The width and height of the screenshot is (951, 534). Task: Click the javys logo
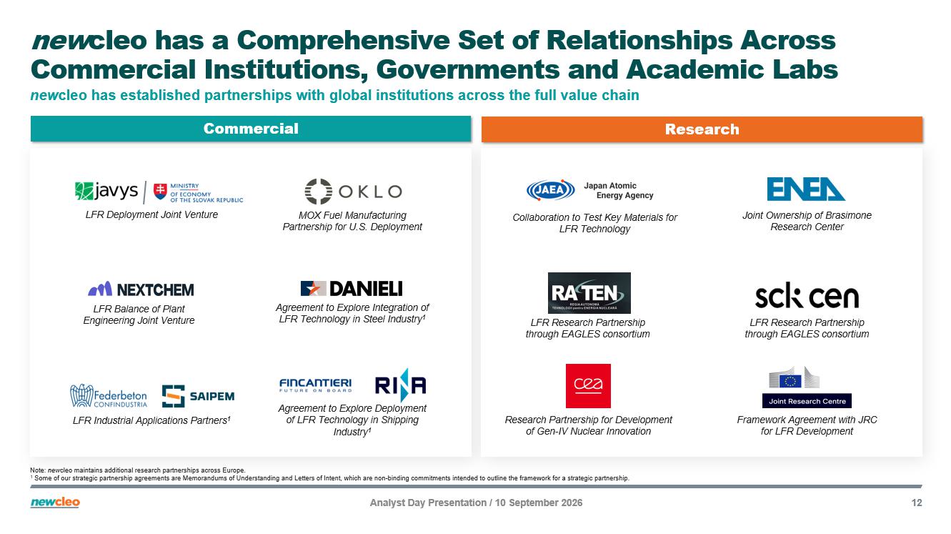106,191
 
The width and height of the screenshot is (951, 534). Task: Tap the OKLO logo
353,191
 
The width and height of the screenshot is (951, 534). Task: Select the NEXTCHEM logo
141,289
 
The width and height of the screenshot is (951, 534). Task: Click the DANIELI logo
352,289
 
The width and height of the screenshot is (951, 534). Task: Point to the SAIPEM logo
198,396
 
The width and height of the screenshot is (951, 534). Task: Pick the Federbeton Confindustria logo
109,396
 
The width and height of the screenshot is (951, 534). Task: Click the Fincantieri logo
315,385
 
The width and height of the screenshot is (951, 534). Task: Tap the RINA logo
401,385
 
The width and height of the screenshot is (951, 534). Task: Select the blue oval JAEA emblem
551,190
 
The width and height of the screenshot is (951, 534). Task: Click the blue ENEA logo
806,189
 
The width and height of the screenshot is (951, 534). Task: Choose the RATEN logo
589,292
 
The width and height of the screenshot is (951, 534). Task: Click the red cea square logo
588,386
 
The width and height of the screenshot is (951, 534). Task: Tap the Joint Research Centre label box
807,400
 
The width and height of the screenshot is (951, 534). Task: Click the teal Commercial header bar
251,129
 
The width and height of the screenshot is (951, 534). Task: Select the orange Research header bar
702,129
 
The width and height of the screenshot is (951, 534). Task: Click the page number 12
917,503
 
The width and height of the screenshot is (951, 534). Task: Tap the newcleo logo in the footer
55,502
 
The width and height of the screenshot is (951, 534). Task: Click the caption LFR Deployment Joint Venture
151,214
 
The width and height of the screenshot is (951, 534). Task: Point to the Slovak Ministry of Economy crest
160,191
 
